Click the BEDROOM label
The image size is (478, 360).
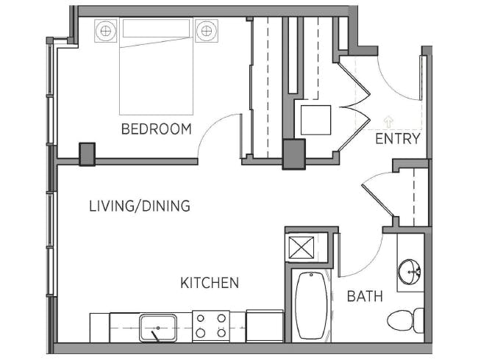coord(157,129)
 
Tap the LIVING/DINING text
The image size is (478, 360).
coord(140,206)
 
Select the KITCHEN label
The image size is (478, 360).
coord(210,283)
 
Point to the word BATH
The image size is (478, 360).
coord(365,296)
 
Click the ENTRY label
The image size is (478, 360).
coord(398,139)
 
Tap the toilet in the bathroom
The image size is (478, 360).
coord(405,320)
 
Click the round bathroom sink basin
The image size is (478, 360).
coord(410,272)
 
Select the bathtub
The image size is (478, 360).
coord(311,306)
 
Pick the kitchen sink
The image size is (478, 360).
coord(158,328)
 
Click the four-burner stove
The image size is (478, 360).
coord(211,325)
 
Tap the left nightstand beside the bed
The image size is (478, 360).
coord(106,30)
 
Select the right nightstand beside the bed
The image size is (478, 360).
coord(207,30)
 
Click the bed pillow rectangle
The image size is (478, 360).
coord(156,28)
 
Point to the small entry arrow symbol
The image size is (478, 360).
coord(388,121)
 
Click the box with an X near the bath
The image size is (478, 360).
coord(302,248)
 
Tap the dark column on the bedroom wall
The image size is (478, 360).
coord(88,154)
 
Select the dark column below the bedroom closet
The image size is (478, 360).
coord(294,154)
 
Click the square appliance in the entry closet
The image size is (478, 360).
coord(315,120)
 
